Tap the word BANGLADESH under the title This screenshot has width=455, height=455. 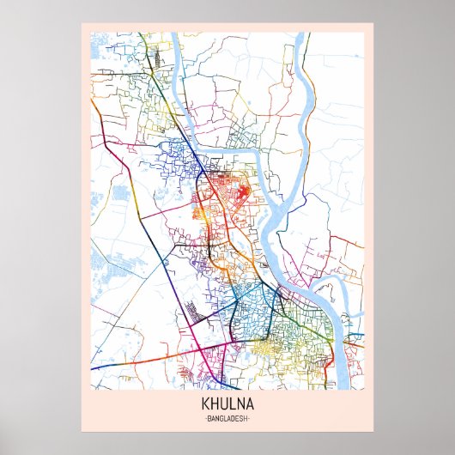tap(227, 417)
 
